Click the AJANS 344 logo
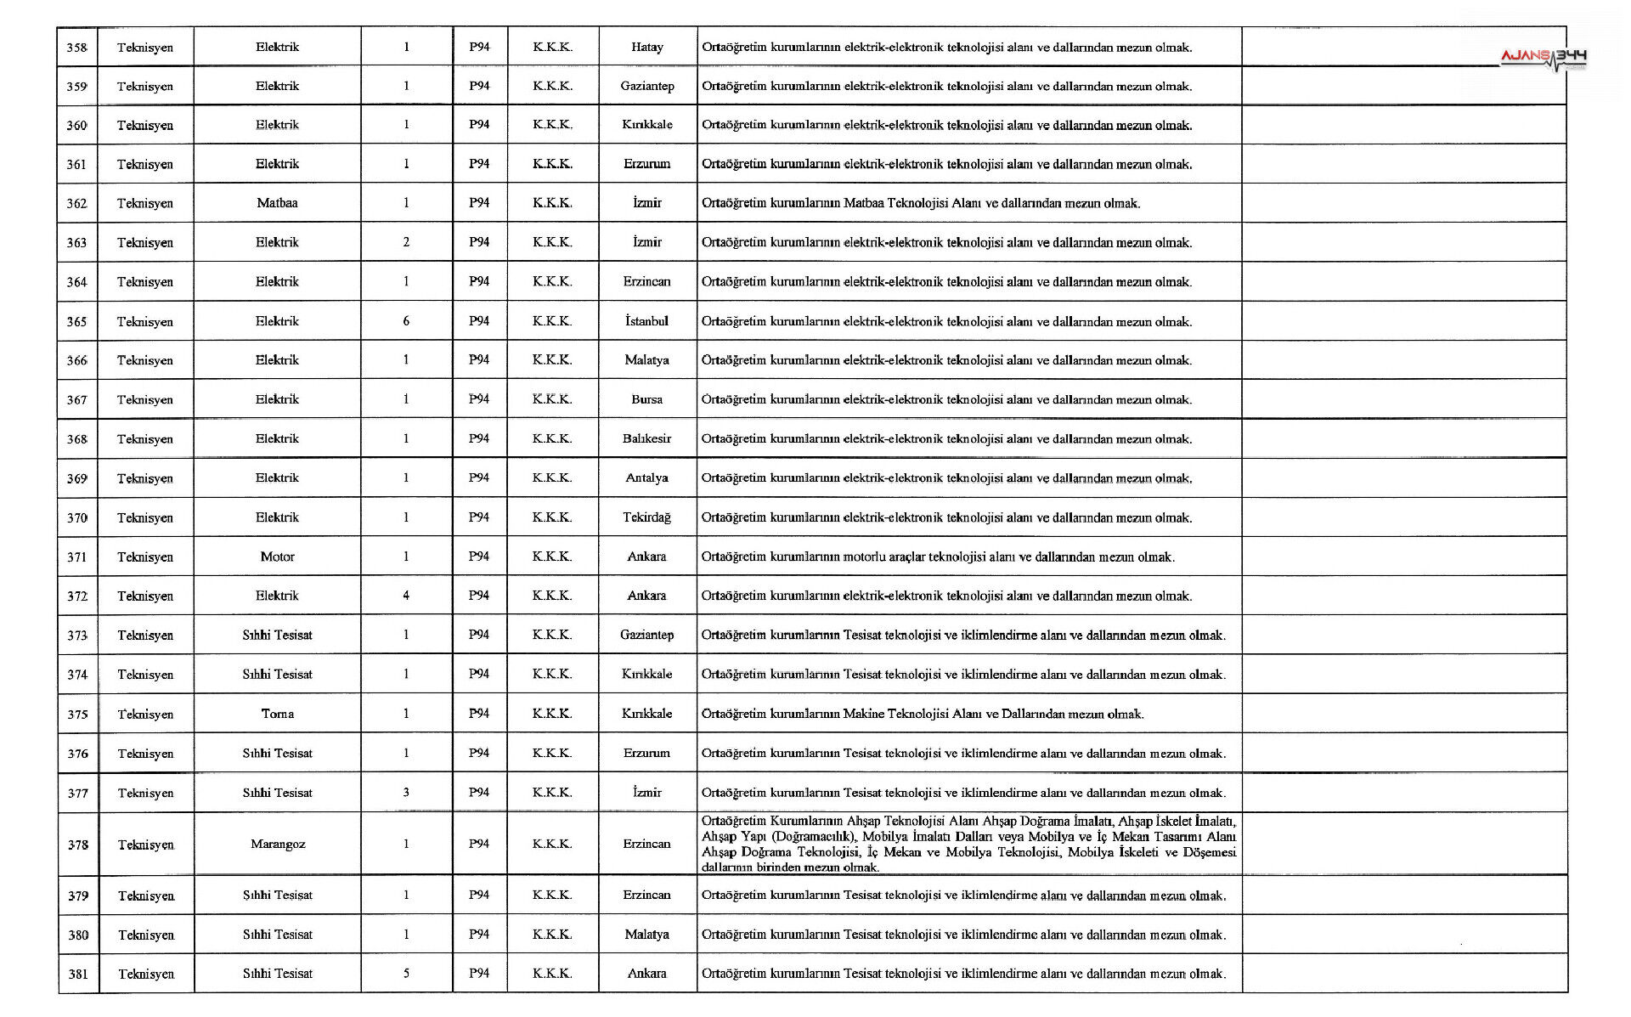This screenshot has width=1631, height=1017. [1543, 58]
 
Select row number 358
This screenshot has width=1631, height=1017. [76, 48]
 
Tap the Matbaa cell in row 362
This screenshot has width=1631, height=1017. [277, 203]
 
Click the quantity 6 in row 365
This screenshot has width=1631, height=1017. [406, 321]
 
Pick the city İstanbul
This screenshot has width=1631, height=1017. [646, 321]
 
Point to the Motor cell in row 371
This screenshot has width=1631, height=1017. [277, 557]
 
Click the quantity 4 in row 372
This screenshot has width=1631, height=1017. [406, 596]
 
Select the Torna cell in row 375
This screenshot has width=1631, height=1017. [277, 714]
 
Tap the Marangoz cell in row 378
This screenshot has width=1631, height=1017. [277, 844]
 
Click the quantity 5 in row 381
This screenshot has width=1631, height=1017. [406, 974]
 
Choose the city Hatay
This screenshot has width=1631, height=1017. [646, 48]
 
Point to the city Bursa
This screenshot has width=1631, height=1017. [646, 399]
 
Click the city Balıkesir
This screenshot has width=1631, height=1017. [646, 438]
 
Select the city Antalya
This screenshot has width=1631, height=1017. [646, 477]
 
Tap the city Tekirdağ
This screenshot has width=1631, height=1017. [646, 517]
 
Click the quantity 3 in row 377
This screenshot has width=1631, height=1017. [406, 792]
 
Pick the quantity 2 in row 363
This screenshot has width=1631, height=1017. [406, 242]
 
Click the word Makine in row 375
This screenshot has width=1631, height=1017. [863, 714]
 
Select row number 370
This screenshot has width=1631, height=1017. [77, 517]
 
